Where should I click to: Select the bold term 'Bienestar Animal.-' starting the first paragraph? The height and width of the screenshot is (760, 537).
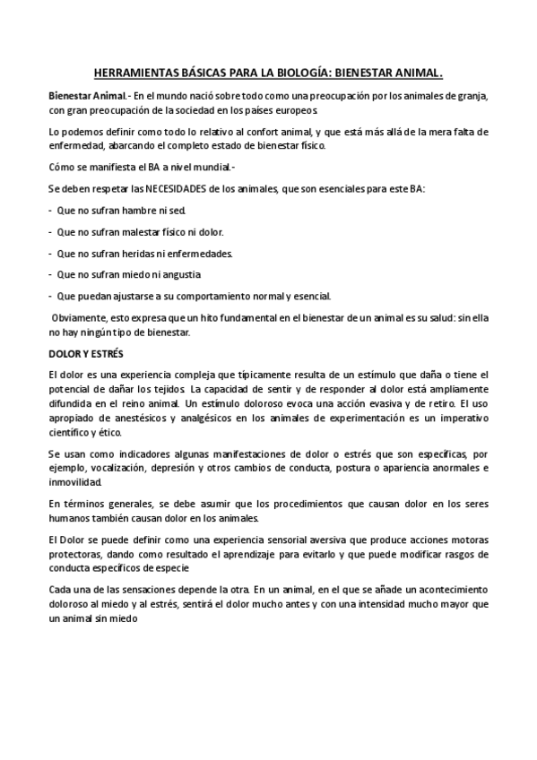pyautogui.click(x=87, y=94)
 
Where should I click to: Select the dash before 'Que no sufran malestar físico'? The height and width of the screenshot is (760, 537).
pyautogui.click(x=50, y=231)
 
